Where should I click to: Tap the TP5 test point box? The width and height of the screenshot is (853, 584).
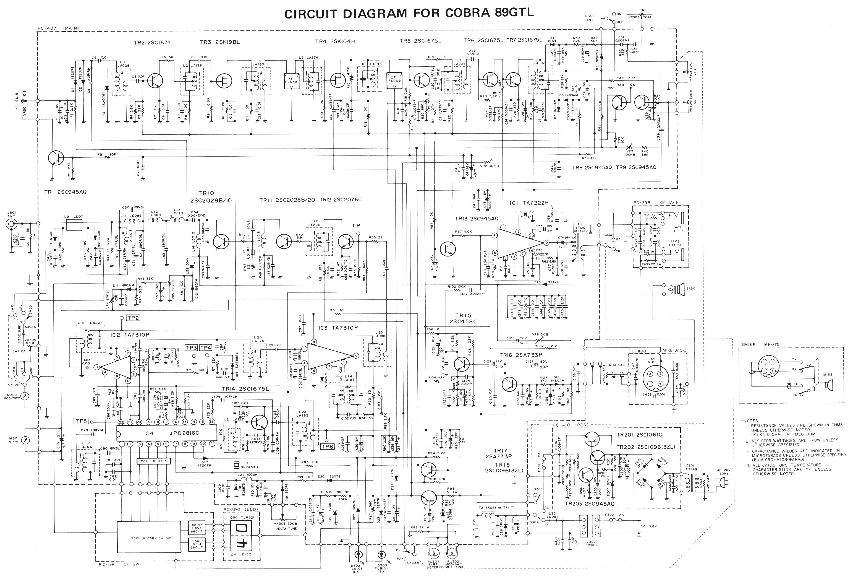[81, 421]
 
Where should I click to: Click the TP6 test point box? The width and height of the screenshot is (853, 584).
[327, 446]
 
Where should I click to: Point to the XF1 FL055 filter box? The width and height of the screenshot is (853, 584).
[292, 80]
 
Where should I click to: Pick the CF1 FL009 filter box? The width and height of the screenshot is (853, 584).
[395, 80]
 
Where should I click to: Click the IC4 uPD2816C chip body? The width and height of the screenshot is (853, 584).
[167, 433]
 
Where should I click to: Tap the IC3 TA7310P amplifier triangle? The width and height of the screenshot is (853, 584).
[328, 355]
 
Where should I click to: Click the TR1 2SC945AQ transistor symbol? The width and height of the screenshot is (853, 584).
[56, 158]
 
